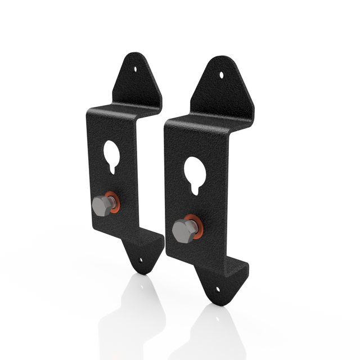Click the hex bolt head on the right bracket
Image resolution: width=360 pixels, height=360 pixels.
183,230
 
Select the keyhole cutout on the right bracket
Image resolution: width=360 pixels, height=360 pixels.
195,171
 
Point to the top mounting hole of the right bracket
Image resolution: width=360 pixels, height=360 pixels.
222,74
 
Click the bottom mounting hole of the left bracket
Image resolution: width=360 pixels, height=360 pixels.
140,260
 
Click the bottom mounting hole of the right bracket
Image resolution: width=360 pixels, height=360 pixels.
219,290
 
